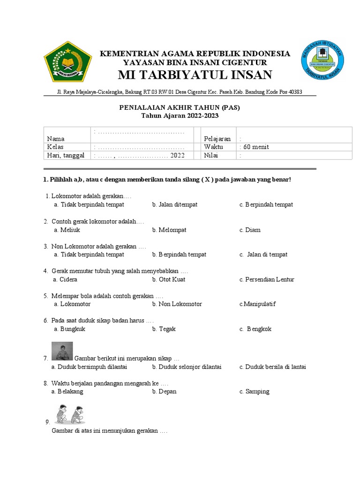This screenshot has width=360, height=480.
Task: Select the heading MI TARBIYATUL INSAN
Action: click(x=195, y=75)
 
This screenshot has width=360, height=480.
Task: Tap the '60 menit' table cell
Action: click(x=256, y=147)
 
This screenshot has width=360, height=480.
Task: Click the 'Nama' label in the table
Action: click(x=56, y=139)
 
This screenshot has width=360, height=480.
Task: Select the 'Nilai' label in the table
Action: click(x=211, y=156)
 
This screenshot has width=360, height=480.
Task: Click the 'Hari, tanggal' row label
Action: click(x=66, y=156)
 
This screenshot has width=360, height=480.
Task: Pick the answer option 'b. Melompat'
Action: click(x=169, y=230)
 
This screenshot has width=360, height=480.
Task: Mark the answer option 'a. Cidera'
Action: click(x=66, y=279)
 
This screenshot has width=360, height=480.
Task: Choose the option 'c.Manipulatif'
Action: click(x=257, y=304)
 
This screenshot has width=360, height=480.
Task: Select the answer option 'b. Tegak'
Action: click(x=164, y=329)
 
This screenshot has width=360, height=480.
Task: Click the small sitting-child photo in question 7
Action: click(x=61, y=351)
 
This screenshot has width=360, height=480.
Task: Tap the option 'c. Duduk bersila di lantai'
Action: click(x=272, y=367)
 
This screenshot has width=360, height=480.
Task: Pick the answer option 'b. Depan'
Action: click(x=164, y=391)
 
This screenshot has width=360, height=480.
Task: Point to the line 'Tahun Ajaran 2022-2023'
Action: click(x=180, y=116)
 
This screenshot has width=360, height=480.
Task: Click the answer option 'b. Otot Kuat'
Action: click(x=169, y=279)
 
